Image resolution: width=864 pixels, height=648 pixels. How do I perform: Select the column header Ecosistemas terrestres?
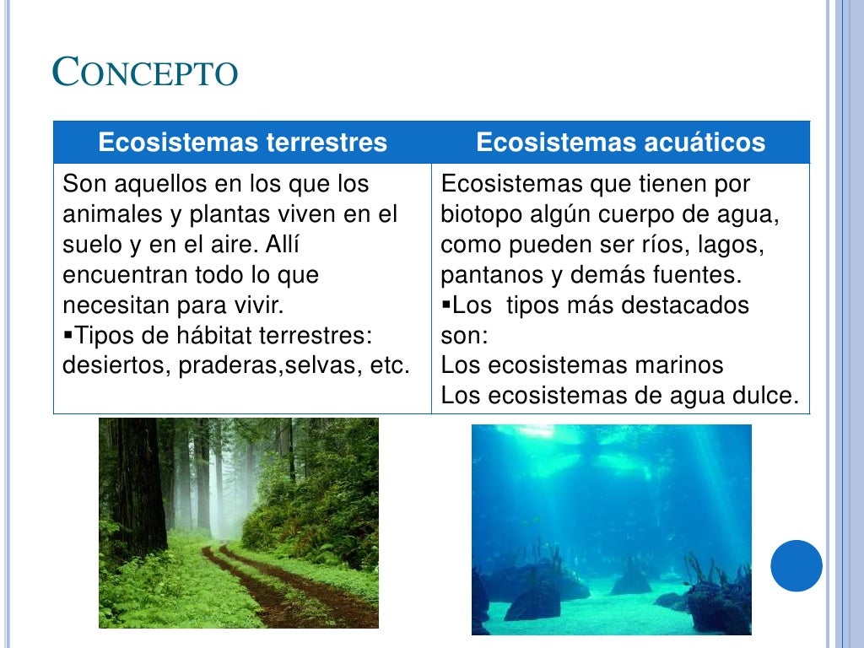242,143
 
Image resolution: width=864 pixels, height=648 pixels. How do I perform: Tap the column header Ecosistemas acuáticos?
620,143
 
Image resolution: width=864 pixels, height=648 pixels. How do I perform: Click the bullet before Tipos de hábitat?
68,335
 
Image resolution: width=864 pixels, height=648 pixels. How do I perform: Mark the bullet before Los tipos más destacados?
446,304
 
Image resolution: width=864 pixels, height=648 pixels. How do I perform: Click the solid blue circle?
796,565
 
